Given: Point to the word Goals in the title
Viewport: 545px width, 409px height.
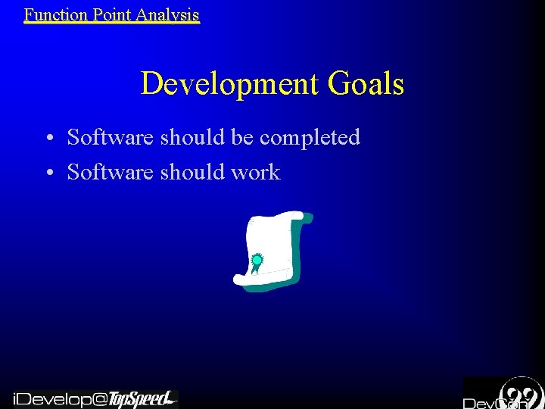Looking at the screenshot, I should click(366, 83).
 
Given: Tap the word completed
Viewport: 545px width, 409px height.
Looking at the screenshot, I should click(310, 138).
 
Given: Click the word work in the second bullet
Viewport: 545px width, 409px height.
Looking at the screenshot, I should click(255, 172).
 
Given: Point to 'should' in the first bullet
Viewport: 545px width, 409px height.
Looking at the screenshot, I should click(193, 137).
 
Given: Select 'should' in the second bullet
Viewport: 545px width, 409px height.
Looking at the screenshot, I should click(193, 172).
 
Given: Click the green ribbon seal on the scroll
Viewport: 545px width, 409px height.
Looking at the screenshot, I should click(257, 261).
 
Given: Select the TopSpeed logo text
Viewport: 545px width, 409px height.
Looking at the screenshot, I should click(141, 398).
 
